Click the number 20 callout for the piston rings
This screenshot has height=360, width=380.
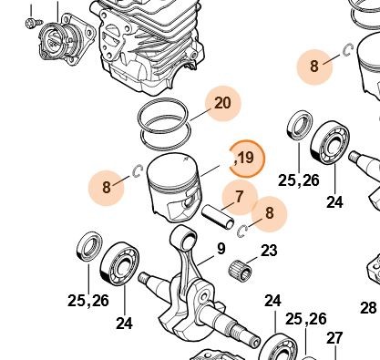point(222,103)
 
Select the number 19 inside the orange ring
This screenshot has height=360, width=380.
point(246,158)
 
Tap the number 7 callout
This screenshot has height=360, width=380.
point(240,197)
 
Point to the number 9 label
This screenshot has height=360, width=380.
point(221,249)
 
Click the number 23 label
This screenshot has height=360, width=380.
point(269,251)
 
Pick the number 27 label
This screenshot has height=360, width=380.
point(334,338)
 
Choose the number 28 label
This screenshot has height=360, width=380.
point(368,308)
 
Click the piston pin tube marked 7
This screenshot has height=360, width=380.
point(218,217)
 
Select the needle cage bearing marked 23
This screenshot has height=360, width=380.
point(240,269)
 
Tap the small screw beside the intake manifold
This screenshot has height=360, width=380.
point(34,22)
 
